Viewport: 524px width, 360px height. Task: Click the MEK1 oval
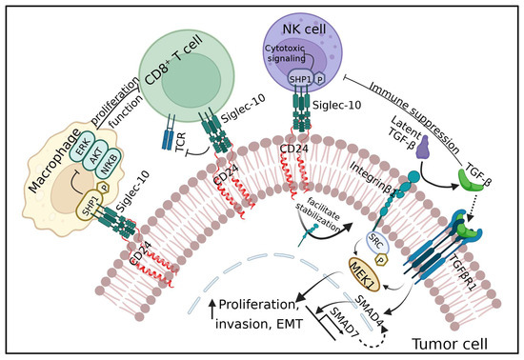(x=365, y=274)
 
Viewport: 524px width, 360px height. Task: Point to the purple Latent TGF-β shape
(x=424, y=147)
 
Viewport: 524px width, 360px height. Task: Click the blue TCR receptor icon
(x=170, y=132)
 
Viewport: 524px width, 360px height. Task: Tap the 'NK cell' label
(x=304, y=30)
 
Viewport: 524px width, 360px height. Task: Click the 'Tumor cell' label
(x=449, y=343)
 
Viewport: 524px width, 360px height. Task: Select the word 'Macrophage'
(x=54, y=161)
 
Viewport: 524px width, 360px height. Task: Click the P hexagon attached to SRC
(x=381, y=260)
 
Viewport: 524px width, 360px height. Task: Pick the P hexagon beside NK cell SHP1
(x=320, y=79)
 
